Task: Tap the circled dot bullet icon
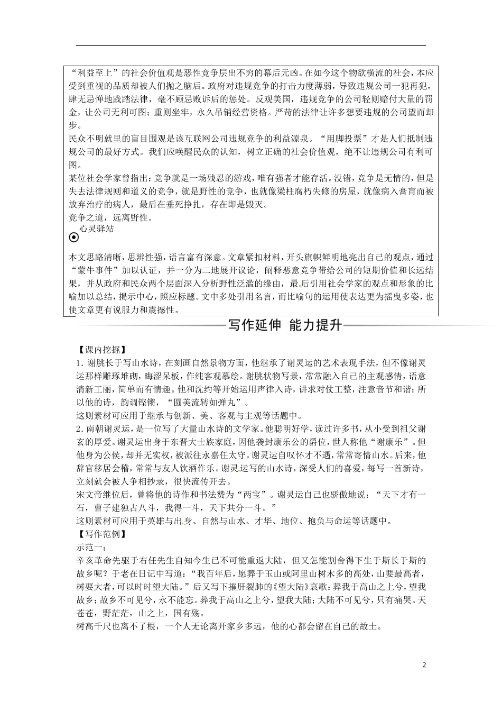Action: pyautogui.click(x=74, y=238)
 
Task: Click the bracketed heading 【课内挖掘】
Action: pyautogui.click(x=94, y=350)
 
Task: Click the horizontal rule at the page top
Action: pyautogui.click(x=251, y=45)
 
